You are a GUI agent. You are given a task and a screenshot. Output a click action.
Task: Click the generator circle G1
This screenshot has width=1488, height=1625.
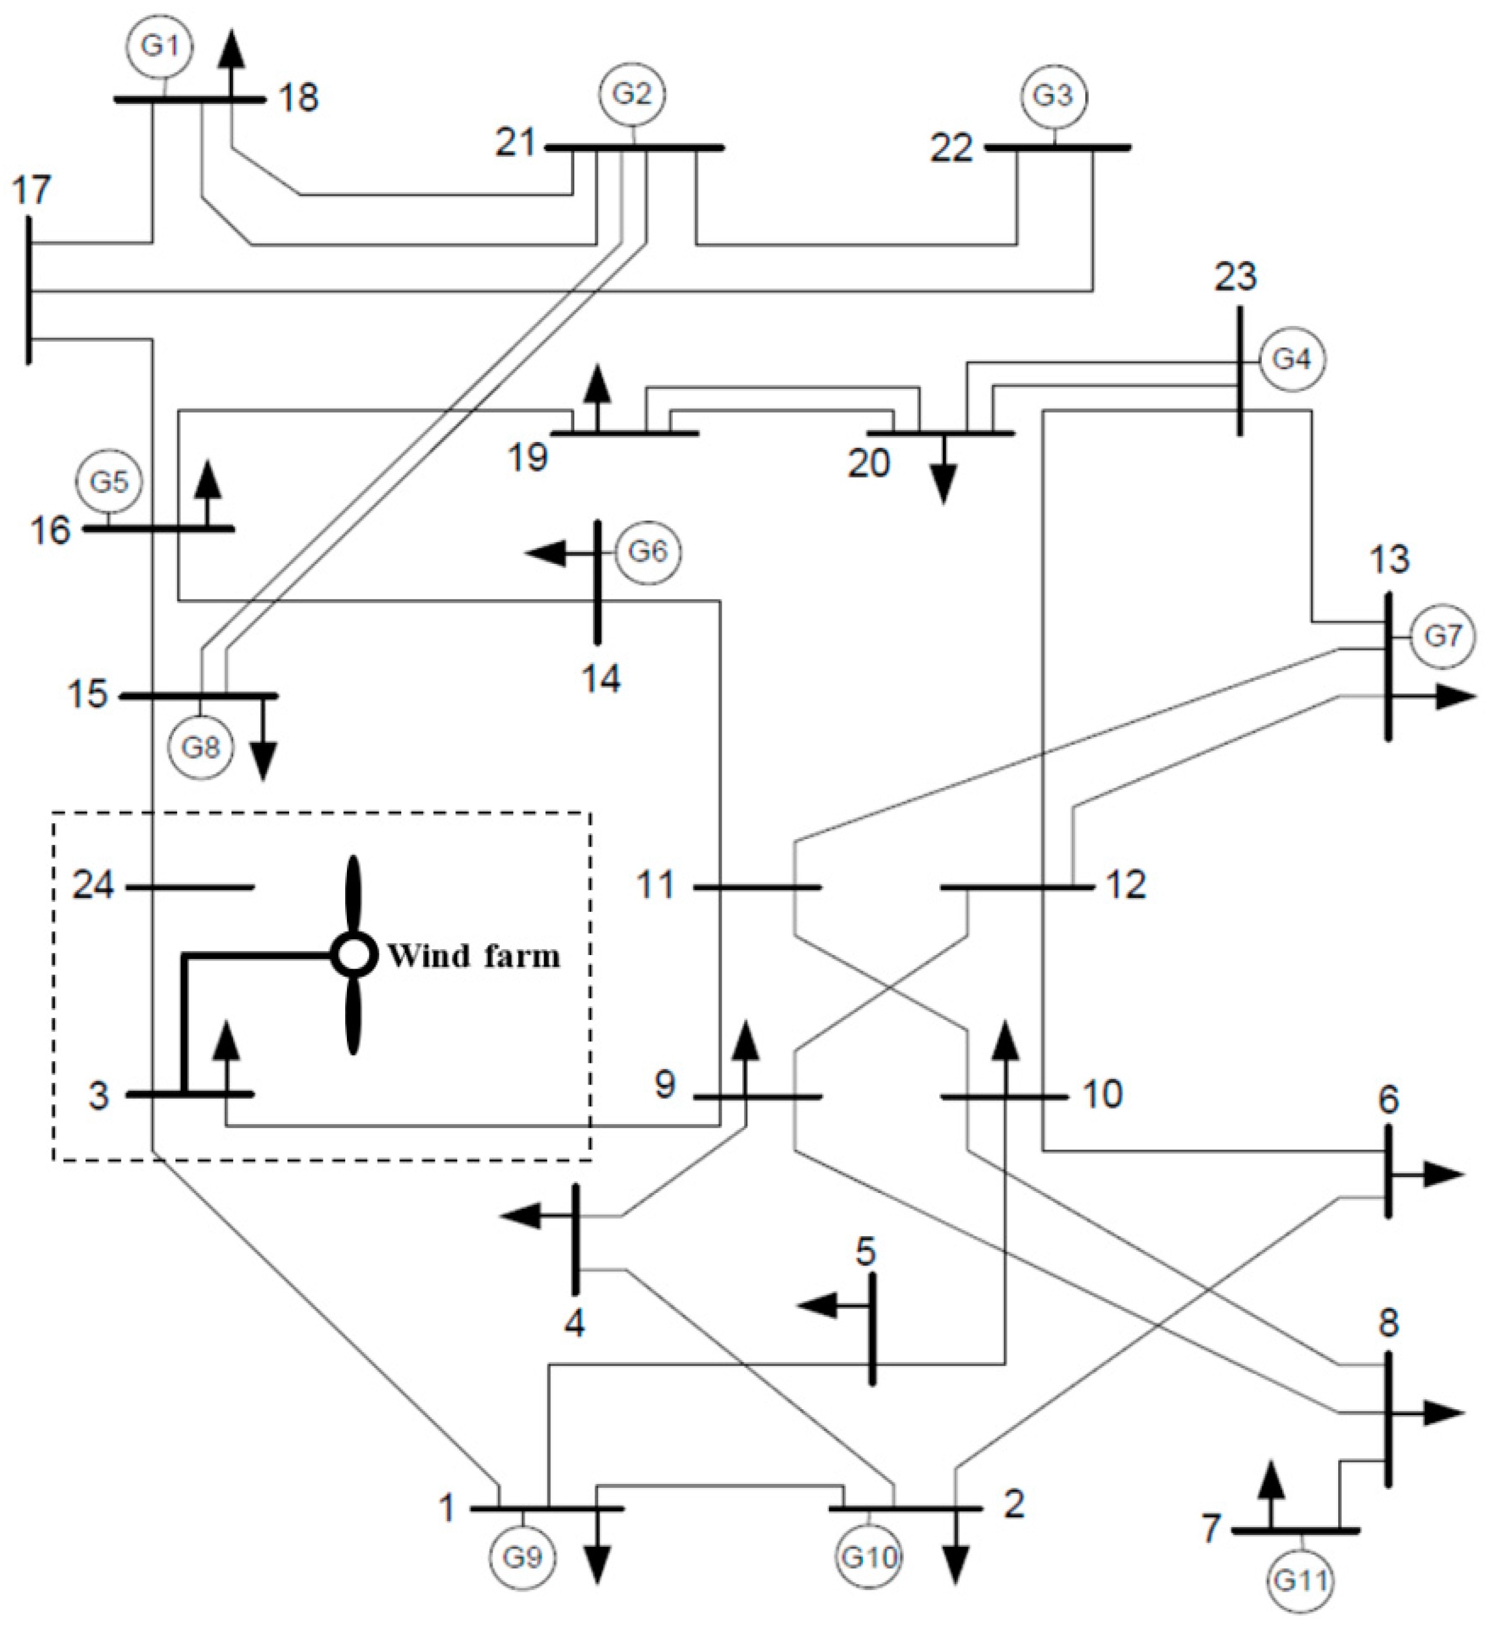[160, 46]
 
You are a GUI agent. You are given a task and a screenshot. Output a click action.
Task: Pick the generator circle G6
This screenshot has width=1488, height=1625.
[648, 552]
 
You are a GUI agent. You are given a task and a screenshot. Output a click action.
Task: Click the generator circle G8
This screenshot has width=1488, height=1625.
[201, 747]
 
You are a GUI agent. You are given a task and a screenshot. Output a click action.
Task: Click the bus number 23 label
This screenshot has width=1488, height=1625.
[1236, 276]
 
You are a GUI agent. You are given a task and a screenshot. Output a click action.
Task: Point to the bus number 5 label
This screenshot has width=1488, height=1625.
[865, 1252]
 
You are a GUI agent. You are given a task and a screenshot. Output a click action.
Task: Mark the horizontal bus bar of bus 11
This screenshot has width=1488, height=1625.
[758, 887]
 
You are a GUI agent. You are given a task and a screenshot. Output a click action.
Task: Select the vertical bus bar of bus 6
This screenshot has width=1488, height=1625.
[1388, 1172]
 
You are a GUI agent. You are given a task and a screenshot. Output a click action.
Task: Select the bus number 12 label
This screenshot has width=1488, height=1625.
[1126, 885]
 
